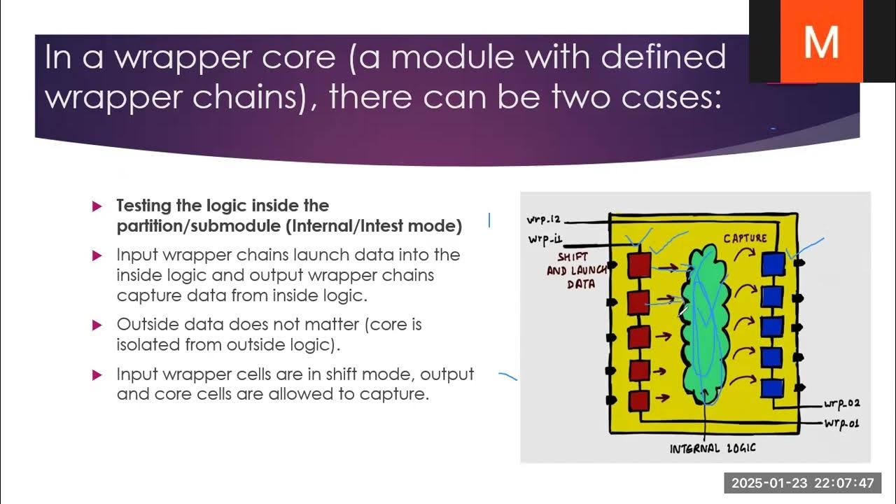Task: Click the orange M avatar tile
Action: (821, 41)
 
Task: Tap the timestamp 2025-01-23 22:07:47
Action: (802, 483)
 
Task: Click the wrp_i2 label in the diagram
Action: (545, 220)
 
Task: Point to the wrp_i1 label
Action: (547, 241)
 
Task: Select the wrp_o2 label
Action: (842, 404)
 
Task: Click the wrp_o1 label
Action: (841, 423)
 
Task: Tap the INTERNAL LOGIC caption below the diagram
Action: (713, 449)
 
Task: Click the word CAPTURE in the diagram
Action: (745, 239)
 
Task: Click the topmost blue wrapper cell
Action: (773, 264)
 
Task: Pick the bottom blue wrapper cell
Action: (773, 388)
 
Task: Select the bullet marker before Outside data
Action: (97, 325)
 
